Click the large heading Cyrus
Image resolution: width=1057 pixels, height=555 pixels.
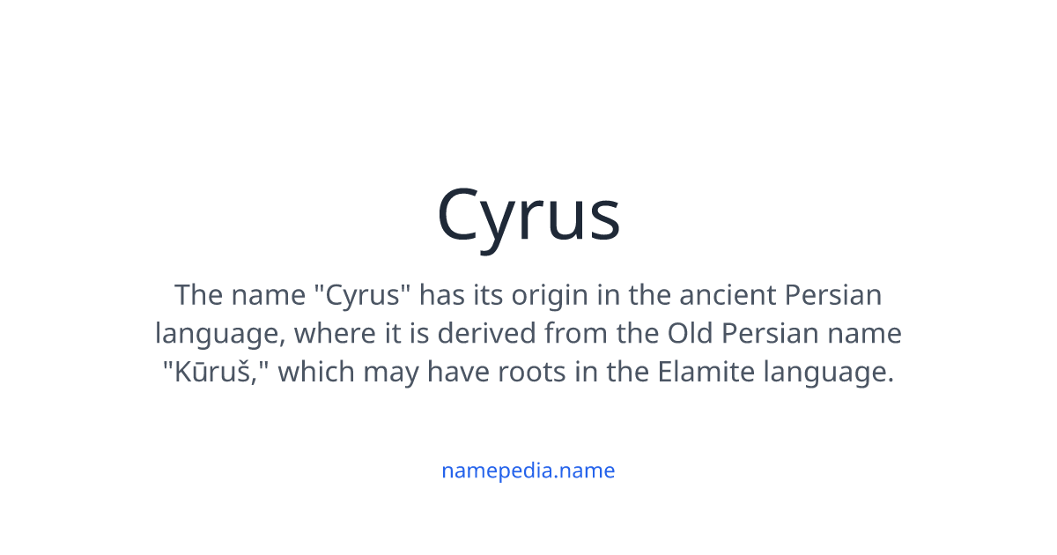point(528,216)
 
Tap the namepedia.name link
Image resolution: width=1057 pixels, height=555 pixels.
point(528,470)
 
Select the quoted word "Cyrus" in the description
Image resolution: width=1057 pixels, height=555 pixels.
point(363,294)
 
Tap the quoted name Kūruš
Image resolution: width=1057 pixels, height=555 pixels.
point(216,373)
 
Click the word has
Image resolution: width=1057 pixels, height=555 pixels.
point(440,294)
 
